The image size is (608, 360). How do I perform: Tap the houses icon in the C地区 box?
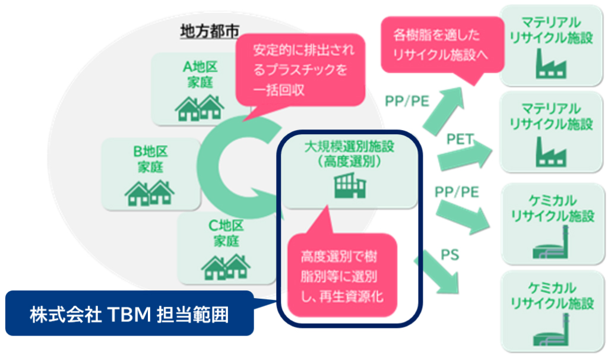225,267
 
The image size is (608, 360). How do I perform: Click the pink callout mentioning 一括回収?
300,69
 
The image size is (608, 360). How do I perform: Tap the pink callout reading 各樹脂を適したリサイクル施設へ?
439,44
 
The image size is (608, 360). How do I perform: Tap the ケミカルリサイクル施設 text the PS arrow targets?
552,295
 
